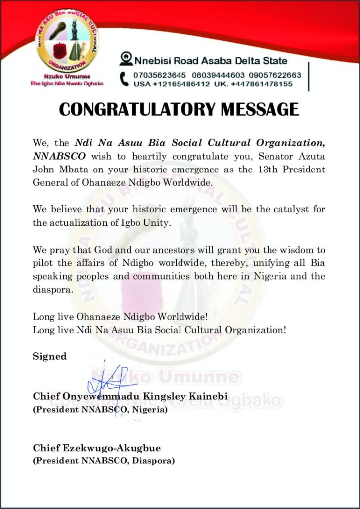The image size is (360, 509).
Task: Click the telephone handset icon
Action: (125, 79)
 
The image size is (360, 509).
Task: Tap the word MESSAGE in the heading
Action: (263, 109)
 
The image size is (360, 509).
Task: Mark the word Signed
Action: (49, 356)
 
